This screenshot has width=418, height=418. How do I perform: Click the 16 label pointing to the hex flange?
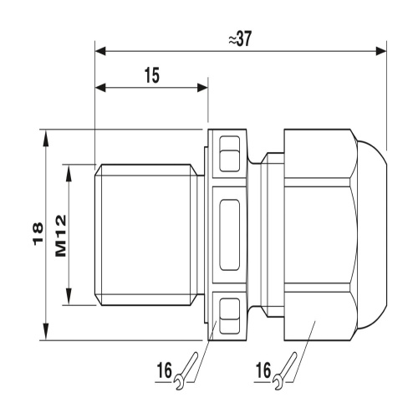coord(165,368)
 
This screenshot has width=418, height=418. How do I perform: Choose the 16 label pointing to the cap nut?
coord(263,368)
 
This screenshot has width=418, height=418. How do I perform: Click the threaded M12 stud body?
coord(146,235)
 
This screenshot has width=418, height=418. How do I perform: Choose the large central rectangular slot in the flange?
coord(228,235)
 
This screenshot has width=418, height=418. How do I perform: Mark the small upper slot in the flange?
coord(228,153)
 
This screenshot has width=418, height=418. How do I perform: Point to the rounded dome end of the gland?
coord(374,235)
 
